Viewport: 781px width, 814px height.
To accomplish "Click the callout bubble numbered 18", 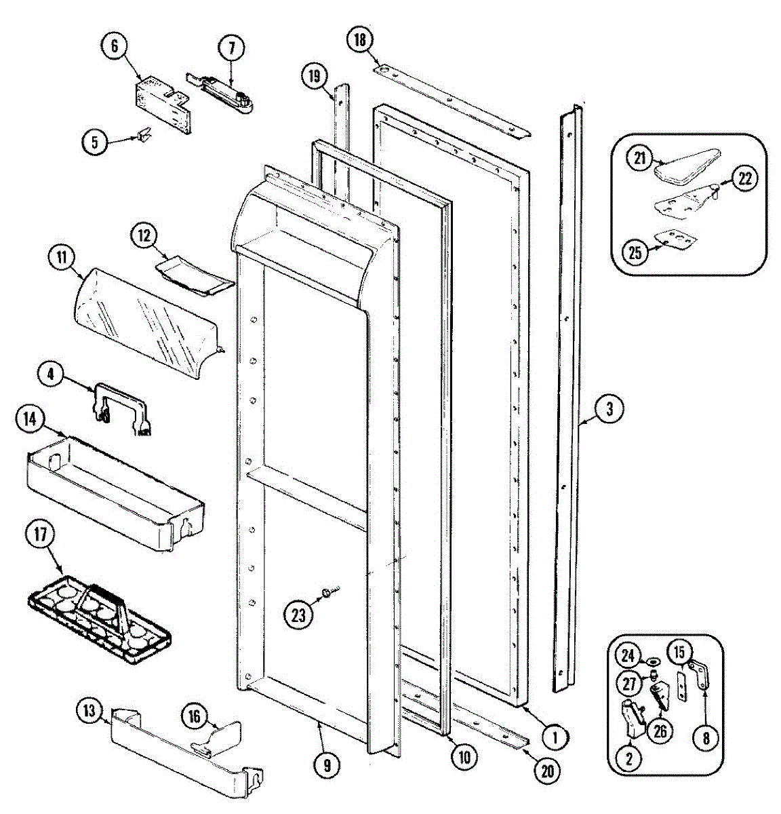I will coord(359,40).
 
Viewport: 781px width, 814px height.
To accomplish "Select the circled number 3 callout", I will coord(609,409).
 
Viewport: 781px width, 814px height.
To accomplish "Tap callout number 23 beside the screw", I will coord(299,615).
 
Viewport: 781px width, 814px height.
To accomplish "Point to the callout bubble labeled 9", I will coord(327,765).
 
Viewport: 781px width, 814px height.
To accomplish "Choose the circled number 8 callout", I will coord(706,738).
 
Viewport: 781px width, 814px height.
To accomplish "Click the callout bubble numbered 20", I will coord(548,771).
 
